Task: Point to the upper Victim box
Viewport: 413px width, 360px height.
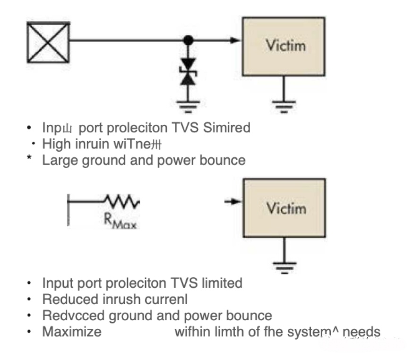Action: (283, 46)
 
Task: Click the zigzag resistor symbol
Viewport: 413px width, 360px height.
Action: (122, 202)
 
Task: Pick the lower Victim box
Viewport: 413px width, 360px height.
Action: (283, 208)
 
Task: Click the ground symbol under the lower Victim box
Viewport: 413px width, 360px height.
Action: (283, 267)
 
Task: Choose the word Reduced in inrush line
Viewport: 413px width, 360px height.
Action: (69, 299)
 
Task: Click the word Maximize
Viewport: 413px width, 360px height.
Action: (72, 331)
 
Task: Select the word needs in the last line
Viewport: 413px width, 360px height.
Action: (361, 331)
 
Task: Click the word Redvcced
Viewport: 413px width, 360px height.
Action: (71, 315)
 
